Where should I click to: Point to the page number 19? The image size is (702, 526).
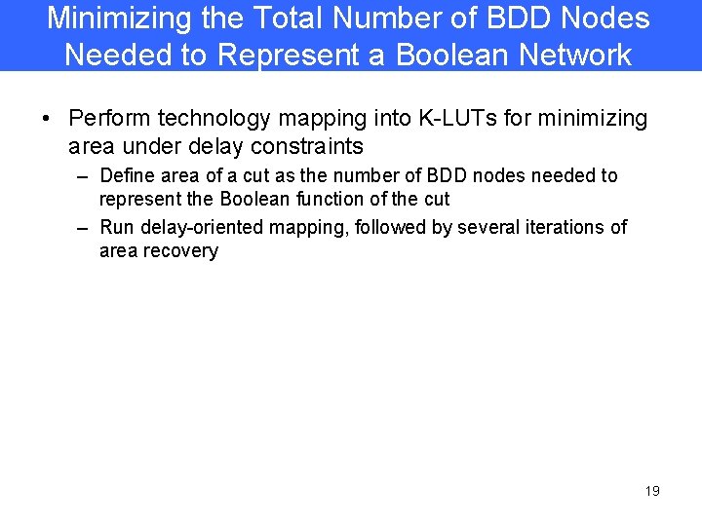[652, 491]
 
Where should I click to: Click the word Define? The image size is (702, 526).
[128, 175]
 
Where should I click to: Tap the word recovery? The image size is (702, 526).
[186, 250]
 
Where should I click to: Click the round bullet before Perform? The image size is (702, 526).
[46, 120]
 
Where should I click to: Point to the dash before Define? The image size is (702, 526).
[82, 176]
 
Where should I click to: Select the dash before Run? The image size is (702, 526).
[82, 228]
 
